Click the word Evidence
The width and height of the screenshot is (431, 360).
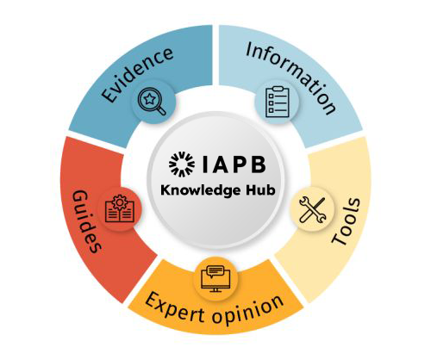tap(138, 75)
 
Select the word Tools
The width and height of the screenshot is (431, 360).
tap(346, 221)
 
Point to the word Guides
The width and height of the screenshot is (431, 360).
tap(86, 221)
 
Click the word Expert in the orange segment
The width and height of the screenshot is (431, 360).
tap(176, 307)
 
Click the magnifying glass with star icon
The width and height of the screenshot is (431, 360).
tap(152, 102)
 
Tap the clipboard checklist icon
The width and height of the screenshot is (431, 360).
tap(278, 102)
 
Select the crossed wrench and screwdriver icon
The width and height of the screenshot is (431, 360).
tap(313, 209)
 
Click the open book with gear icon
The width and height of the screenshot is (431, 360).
tap(120, 208)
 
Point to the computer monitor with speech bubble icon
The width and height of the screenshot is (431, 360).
tap(215, 279)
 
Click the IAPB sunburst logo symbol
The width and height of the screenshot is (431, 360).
tap(182, 164)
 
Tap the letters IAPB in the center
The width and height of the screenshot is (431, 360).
tap(234, 164)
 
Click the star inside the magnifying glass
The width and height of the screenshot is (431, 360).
tap(150, 99)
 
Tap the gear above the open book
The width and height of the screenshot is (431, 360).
tap(120, 202)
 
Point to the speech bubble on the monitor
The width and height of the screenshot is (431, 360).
tap(215, 271)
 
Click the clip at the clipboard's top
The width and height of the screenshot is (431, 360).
tap(278, 89)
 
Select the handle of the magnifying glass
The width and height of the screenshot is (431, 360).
tap(161, 111)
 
